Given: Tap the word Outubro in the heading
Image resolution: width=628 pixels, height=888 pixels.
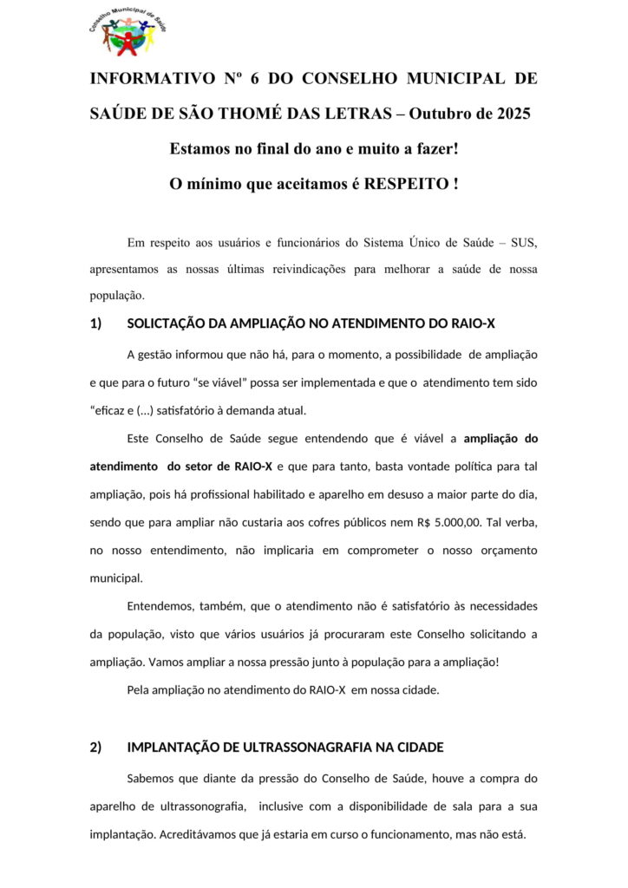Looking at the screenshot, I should (437, 114).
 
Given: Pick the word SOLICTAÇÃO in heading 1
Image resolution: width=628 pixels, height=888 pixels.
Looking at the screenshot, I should (166, 323).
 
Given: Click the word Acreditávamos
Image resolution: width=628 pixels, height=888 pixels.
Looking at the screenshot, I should (203, 833).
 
